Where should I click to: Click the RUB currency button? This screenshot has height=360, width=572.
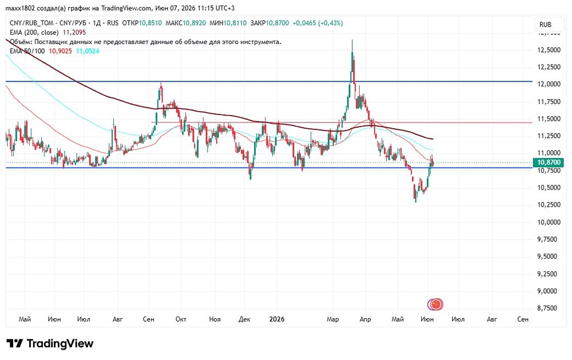click(545, 25)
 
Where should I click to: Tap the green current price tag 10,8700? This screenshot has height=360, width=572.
click(549, 162)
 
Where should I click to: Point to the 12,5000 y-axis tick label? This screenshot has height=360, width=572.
click(549, 50)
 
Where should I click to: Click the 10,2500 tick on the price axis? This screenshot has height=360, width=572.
click(549, 204)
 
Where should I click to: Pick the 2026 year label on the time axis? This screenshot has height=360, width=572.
click(276, 319)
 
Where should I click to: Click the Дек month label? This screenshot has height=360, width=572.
click(244, 319)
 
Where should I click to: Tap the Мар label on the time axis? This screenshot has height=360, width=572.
click(332, 319)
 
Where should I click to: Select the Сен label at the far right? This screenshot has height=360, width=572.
click(523, 319)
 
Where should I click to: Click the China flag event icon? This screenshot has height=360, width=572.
click(435, 304)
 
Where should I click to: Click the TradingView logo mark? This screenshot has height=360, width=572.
click(15, 343)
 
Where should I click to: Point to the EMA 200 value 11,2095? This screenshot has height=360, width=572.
click(74, 33)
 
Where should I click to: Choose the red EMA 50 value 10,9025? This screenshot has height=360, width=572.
click(60, 51)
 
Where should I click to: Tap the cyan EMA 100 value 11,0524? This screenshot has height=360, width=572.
click(88, 51)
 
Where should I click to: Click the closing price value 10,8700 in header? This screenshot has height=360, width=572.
click(277, 23)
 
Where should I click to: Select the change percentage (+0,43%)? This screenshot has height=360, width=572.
click(331, 23)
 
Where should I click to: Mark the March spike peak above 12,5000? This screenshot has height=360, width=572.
click(352, 39)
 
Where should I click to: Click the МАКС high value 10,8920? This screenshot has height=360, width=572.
click(194, 23)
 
